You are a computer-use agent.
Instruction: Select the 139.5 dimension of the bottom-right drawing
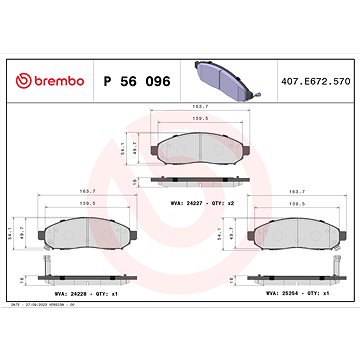[x=296, y=229]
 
